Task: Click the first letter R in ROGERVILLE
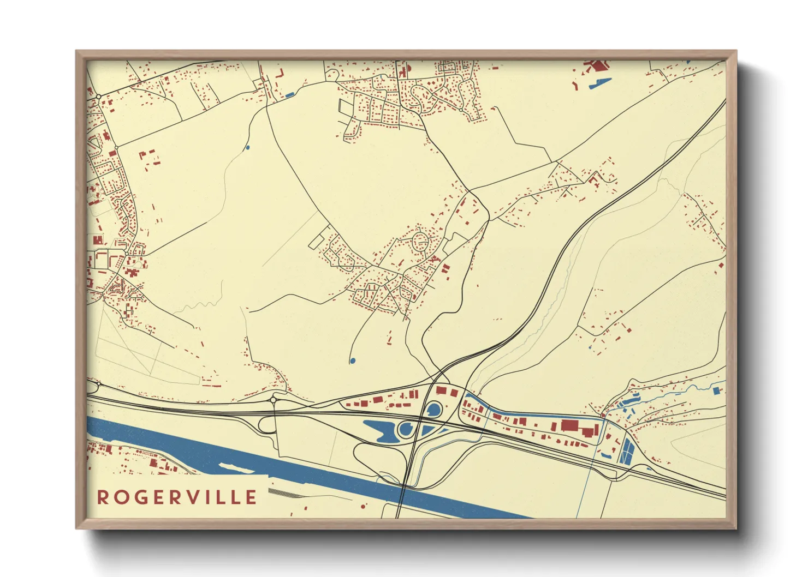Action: click(102, 497)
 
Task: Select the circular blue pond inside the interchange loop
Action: click(406, 429)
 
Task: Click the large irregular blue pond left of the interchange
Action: click(380, 430)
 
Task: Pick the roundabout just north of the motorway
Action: click(273, 400)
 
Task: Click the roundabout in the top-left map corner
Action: click(98, 97)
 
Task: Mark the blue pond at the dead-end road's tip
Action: click(352, 360)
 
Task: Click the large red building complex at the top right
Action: click(596, 67)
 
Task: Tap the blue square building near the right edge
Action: click(717, 390)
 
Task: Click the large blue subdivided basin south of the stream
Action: click(626, 451)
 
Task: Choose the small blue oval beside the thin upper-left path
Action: click(247, 147)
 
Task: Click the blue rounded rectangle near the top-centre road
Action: click(289, 95)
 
